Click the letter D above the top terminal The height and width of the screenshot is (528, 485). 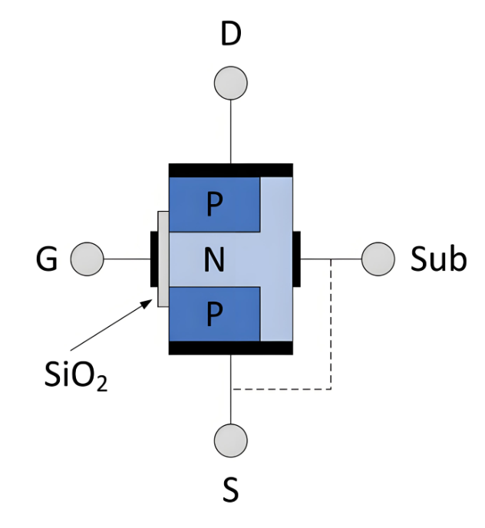230,35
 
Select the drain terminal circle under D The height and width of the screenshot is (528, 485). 230,82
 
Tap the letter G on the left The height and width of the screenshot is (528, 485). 47,260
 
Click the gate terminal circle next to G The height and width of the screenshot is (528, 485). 87,260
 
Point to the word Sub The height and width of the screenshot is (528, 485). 437,260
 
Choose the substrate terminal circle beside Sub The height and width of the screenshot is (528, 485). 378,259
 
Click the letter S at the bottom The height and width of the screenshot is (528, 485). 230,490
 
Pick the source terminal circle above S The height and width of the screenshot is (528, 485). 230,440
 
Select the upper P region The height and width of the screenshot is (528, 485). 214,204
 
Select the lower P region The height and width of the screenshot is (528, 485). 214,315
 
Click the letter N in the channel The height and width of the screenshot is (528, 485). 214,261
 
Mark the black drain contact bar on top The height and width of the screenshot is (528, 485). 230,170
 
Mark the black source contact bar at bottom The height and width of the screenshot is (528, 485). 230,348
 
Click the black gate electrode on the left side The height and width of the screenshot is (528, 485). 153,260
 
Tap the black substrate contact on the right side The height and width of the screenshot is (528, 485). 296,259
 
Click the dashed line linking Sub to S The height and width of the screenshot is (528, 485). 331,330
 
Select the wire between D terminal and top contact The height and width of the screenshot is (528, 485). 230,130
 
